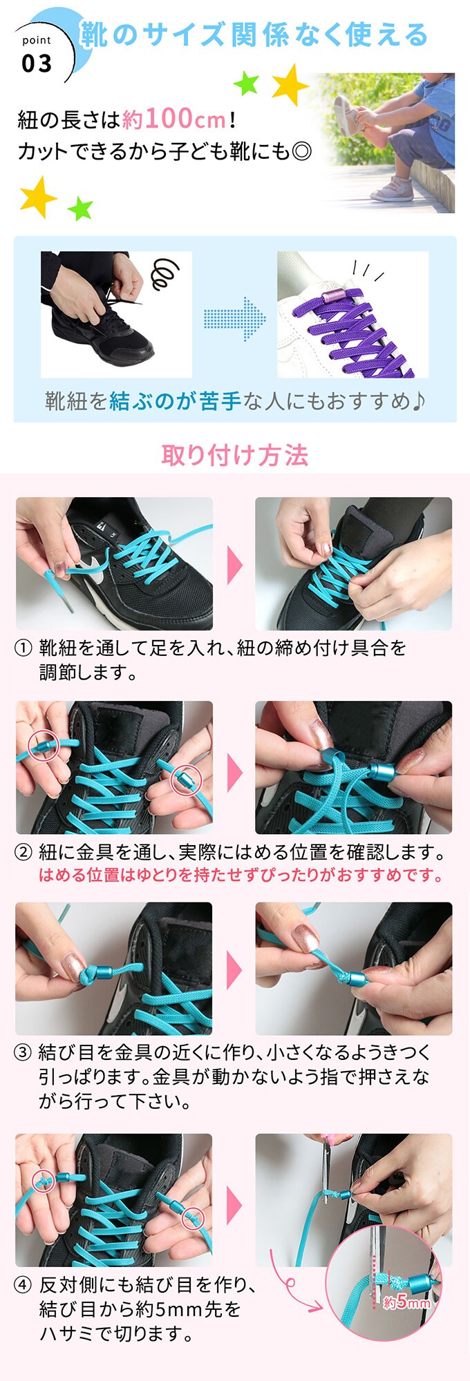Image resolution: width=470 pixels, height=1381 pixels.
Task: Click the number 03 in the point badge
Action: (x=37, y=64)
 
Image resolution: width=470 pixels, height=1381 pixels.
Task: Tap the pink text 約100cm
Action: (x=174, y=119)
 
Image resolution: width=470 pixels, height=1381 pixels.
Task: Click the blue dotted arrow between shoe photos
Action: (x=234, y=318)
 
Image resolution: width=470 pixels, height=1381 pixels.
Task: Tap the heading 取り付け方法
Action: (x=235, y=455)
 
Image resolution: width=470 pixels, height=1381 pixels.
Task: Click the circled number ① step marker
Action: (x=23, y=648)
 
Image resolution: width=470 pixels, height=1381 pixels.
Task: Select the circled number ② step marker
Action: (x=23, y=852)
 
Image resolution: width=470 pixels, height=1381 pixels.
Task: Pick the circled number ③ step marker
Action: (x=23, y=1052)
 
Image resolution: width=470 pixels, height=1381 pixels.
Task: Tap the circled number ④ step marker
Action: (x=23, y=1284)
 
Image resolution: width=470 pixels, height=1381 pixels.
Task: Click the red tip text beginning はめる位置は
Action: (x=241, y=876)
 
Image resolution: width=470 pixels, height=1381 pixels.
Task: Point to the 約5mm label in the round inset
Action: (x=406, y=1302)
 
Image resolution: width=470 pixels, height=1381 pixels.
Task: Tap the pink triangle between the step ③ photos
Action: (x=235, y=969)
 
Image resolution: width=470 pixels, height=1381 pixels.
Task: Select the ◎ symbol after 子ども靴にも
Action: (x=301, y=151)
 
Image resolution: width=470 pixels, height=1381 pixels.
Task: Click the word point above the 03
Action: (x=37, y=41)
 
